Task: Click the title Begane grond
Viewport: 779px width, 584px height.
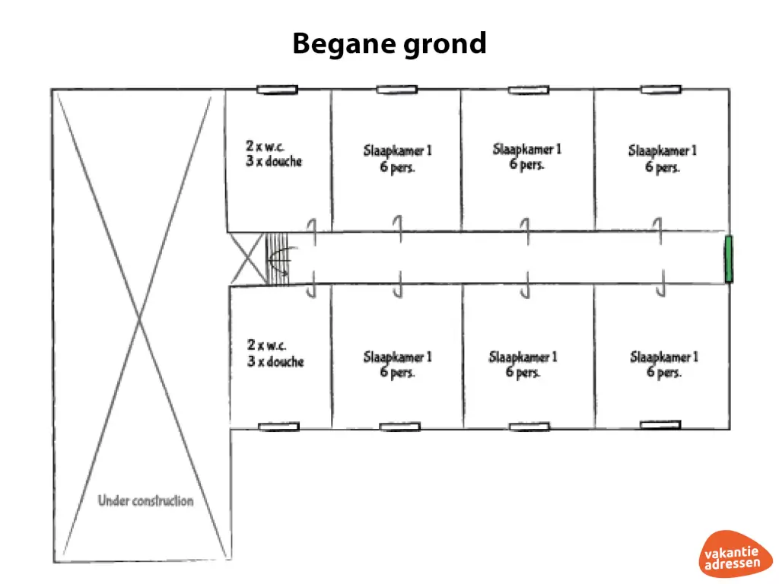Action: [x=389, y=43]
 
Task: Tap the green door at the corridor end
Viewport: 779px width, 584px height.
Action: [x=728, y=259]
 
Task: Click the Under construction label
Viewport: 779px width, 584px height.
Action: [x=145, y=501]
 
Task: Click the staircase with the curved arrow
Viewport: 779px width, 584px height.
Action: [x=277, y=259]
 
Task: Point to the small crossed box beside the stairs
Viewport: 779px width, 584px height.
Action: [x=247, y=259]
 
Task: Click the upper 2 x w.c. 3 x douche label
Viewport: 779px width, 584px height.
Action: [x=274, y=153]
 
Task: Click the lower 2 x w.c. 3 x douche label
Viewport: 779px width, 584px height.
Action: [x=275, y=354]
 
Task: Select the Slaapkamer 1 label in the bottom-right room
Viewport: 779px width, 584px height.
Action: [x=663, y=363]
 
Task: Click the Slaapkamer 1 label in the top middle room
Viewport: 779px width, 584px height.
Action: [x=526, y=157]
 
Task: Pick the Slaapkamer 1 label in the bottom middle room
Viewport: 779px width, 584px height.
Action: [x=523, y=363]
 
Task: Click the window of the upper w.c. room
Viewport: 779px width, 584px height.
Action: [x=276, y=90]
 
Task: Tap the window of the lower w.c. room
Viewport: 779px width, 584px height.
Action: [x=278, y=427]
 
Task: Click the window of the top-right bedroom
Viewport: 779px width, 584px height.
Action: [x=660, y=90]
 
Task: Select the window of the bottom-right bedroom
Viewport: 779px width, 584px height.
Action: [x=660, y=424]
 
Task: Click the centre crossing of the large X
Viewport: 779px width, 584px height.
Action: [x=138, y=324]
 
